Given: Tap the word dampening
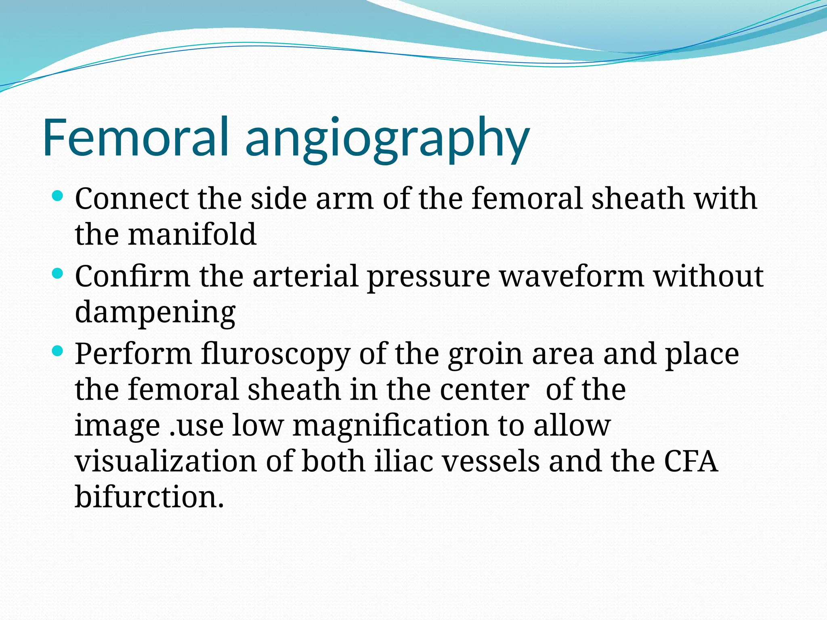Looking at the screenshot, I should [x=155, y=313].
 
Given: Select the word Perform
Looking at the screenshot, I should [x=133, y=354].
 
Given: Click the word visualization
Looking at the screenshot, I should [x=166, y=461].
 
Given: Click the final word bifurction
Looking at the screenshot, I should [x=149, y=497].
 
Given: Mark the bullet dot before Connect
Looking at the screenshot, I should [x=58, y=197].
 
